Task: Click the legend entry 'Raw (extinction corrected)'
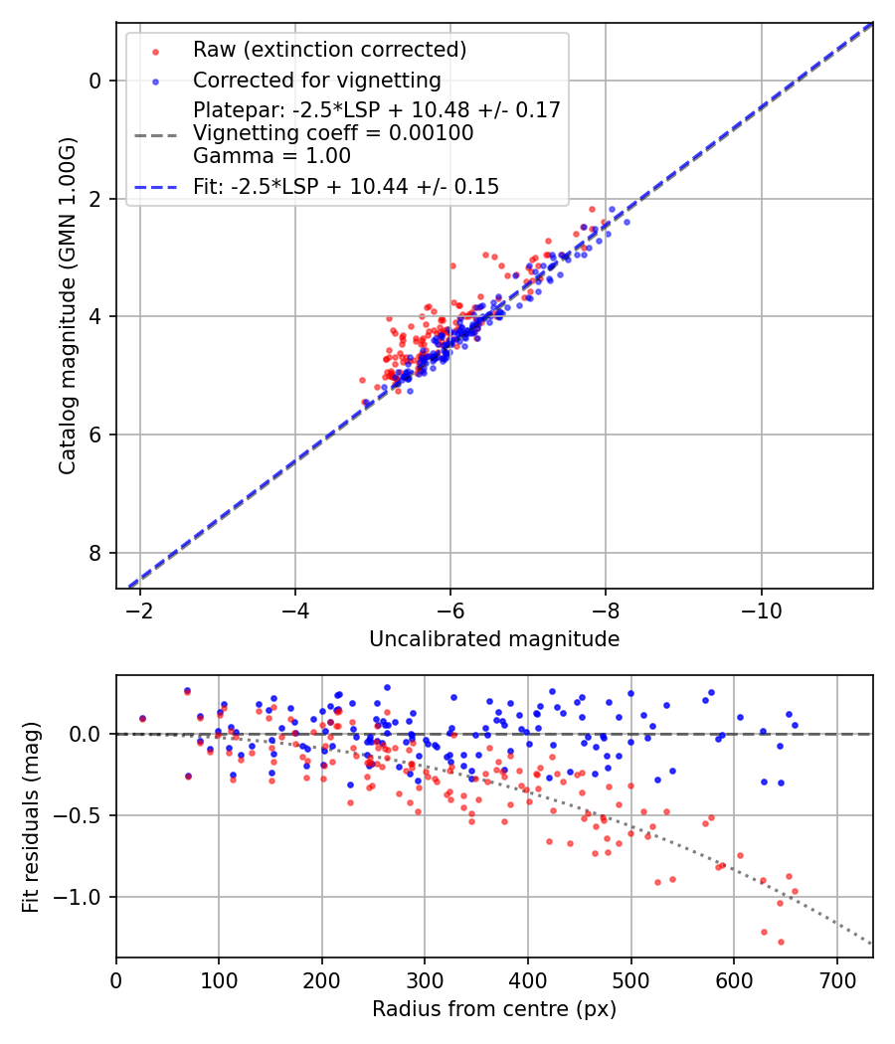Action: [x=329, y=50]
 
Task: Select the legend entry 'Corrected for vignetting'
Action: [x=316, y=80]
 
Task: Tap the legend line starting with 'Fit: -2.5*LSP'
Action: [x=346, y=186]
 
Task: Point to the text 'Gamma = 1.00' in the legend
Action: [x=271, y=156]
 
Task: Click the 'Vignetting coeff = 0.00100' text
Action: [x=333, y=133]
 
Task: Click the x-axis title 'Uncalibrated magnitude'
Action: [x=494, y=639]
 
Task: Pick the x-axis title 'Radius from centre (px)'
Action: [x=494, y=1009]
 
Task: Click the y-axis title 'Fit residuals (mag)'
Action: [x=31, y=816]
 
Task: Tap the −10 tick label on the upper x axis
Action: [x=761, y=607]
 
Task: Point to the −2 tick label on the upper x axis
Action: [x=140, y=607]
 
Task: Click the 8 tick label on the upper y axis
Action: [x=94, y=553]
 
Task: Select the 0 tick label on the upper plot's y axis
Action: [x=94, y=81]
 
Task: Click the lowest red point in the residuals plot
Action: [x=781, y=942]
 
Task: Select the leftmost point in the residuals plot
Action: [x=142, y=718]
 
